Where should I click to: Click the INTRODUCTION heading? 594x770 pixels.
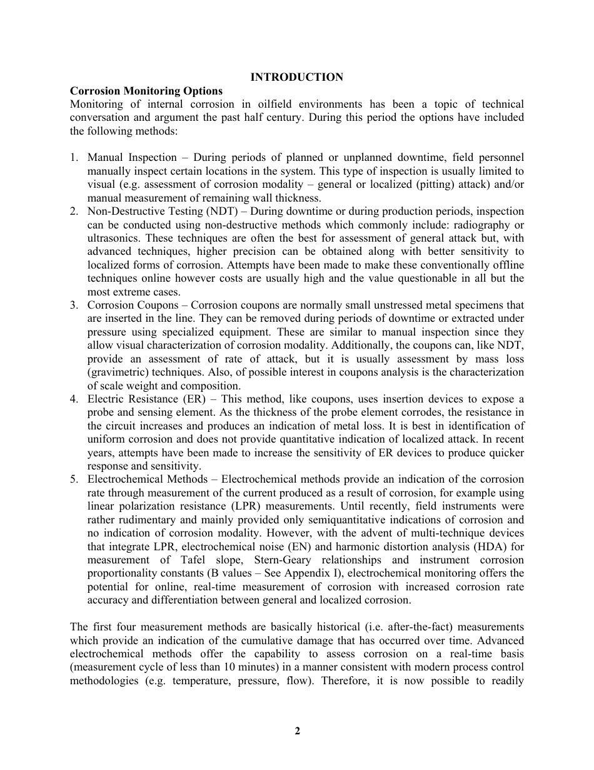tap(296, 77)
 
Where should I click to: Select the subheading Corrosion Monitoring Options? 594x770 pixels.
tap(146, 91)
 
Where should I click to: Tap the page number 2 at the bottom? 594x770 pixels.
tap(298, 731)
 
